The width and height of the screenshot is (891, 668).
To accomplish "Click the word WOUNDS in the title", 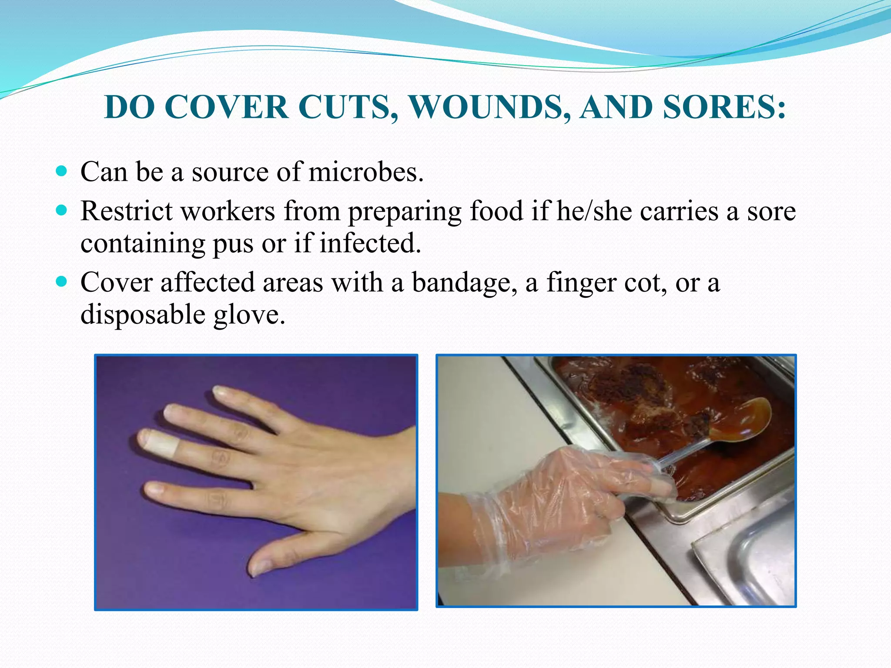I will click(x=490, y=107).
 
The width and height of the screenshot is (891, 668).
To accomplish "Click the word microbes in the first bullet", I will click(x=365, y=172).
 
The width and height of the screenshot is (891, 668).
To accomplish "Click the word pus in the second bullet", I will click(x=233, y=244).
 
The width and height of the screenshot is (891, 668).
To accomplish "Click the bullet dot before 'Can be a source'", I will click(x=62, y=171).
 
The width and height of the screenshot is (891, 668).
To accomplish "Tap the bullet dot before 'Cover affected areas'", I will click(x=62, y=282).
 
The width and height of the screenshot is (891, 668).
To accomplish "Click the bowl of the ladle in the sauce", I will click(x=740, y=420).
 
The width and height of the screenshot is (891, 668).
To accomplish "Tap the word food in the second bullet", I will click(x=496, y=211).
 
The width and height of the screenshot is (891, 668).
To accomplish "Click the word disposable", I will click(x=143, y=315).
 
